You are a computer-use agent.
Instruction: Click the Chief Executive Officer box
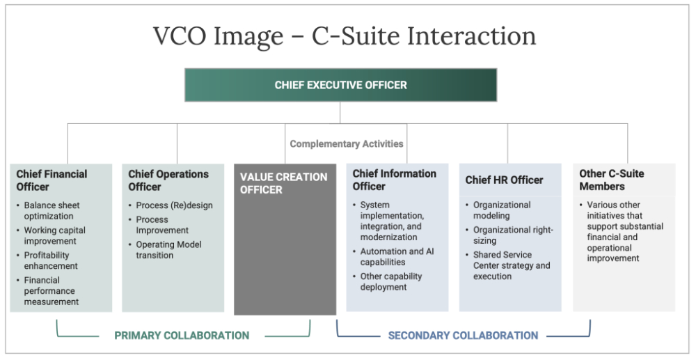340,85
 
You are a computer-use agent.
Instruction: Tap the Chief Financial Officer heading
53,180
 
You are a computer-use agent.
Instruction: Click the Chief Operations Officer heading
168,180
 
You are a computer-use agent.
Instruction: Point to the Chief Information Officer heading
394,180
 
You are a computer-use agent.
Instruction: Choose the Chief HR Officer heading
504,180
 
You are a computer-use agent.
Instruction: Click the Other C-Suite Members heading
612,180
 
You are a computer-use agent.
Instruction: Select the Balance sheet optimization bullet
52,210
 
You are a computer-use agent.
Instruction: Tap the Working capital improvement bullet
54,235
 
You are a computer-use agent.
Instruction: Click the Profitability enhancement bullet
51,260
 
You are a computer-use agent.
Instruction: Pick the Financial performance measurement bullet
51,290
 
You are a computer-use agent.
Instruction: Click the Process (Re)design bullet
174,205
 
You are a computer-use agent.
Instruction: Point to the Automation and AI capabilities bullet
397,256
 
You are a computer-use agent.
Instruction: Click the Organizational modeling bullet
502,210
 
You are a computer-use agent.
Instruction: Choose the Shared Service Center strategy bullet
512,265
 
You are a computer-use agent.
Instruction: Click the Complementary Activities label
347,144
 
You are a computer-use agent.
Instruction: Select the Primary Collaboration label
182,336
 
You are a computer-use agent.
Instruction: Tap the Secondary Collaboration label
463,336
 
